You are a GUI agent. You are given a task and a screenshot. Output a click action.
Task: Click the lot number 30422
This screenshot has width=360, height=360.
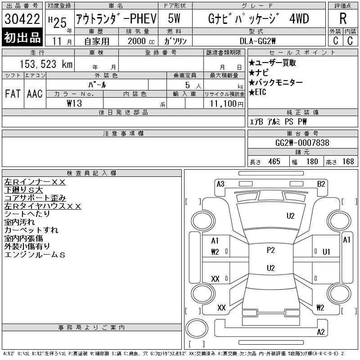coord(22,19)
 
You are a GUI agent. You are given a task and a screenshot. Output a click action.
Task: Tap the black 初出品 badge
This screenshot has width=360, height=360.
coord(22,37)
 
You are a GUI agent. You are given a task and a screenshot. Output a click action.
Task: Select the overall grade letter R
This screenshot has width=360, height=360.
coord(343,18)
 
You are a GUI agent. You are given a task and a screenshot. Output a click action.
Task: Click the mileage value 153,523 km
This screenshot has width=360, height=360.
coord(46,64)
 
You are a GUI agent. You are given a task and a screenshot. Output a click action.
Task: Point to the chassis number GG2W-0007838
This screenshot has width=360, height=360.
coord(302,143)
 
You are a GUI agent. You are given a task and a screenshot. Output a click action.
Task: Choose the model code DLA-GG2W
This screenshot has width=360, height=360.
coord(257,41)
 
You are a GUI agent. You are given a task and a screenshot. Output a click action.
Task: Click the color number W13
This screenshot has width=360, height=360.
coord(74,103)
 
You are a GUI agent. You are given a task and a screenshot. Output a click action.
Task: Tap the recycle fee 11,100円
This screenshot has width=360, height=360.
coord(227,104)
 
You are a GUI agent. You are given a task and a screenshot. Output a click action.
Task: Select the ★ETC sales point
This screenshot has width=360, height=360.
coord(257,92)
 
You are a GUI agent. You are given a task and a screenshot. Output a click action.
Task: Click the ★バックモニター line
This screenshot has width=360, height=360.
coord(276,82)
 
